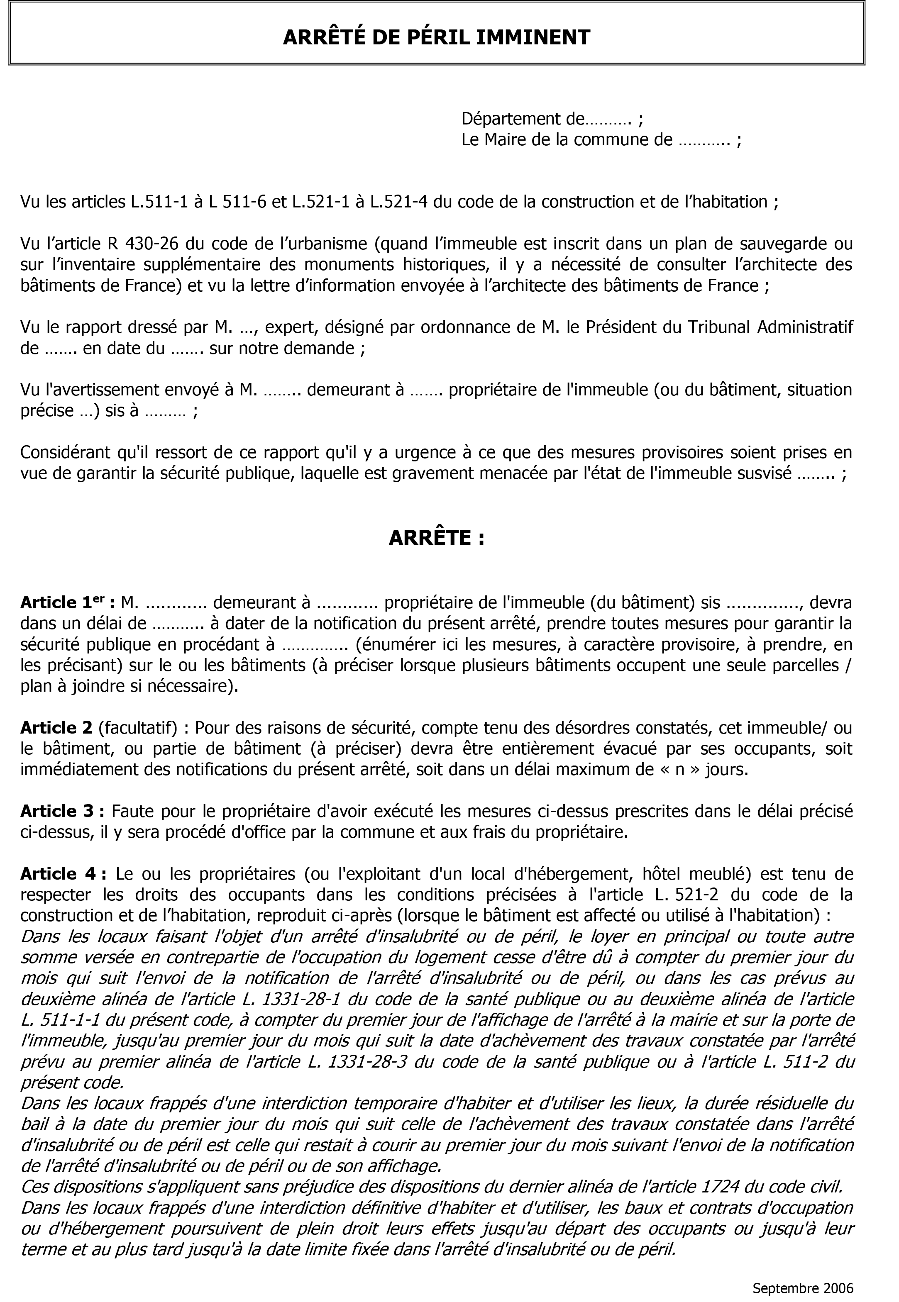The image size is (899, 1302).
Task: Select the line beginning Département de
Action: (552, 119)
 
